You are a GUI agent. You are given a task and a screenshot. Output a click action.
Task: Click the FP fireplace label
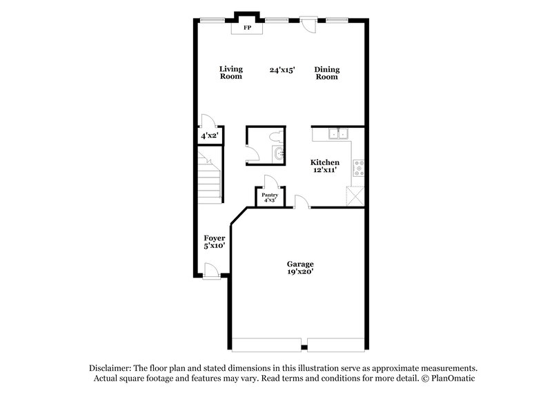(x=248, y=28)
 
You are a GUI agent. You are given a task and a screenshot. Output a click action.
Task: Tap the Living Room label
(x=231, y=73)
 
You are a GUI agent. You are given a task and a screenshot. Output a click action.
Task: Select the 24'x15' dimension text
(x=282, y=70)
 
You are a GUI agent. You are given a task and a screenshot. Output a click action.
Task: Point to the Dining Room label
(x=327, y=73)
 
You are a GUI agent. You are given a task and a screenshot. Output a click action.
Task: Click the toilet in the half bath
(x=276, y=136)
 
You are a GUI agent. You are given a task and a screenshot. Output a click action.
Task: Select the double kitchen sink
(x=338, y=135)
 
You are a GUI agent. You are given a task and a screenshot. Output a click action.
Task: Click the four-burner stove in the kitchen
(x=359, y=168)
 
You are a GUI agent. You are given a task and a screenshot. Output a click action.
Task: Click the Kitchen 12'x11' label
(x=324, y=166)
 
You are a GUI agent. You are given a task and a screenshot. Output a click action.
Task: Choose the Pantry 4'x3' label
(x=270, y=198)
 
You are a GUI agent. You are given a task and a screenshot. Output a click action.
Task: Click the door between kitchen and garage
(x=301, y=202)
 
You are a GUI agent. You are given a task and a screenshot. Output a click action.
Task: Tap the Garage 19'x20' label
(x=300, y=268)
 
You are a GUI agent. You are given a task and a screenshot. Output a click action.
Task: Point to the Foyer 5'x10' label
(x=215, y=242)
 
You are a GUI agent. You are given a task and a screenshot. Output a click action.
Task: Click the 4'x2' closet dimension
(x=209, y=136)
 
